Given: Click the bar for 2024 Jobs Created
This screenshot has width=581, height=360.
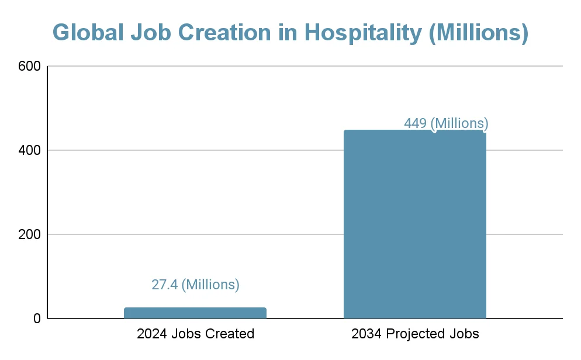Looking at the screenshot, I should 195,313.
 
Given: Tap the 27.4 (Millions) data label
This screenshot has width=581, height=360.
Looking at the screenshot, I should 195,285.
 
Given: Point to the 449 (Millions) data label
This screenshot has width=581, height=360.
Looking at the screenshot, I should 446,123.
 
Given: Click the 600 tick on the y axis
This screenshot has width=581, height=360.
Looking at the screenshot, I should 29,67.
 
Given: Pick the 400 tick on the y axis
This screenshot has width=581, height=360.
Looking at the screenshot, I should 29,150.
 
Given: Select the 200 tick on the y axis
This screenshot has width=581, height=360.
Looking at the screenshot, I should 29,234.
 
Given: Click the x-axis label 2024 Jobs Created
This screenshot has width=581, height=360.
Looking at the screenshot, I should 195,334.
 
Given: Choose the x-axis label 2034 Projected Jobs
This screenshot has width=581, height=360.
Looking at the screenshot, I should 415,334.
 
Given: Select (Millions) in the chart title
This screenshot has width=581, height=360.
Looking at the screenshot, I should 478,33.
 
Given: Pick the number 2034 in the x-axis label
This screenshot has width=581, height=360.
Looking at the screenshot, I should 365,334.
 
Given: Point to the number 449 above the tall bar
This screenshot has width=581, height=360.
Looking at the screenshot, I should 415,123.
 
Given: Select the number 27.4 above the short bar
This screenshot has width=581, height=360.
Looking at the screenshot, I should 164,285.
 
